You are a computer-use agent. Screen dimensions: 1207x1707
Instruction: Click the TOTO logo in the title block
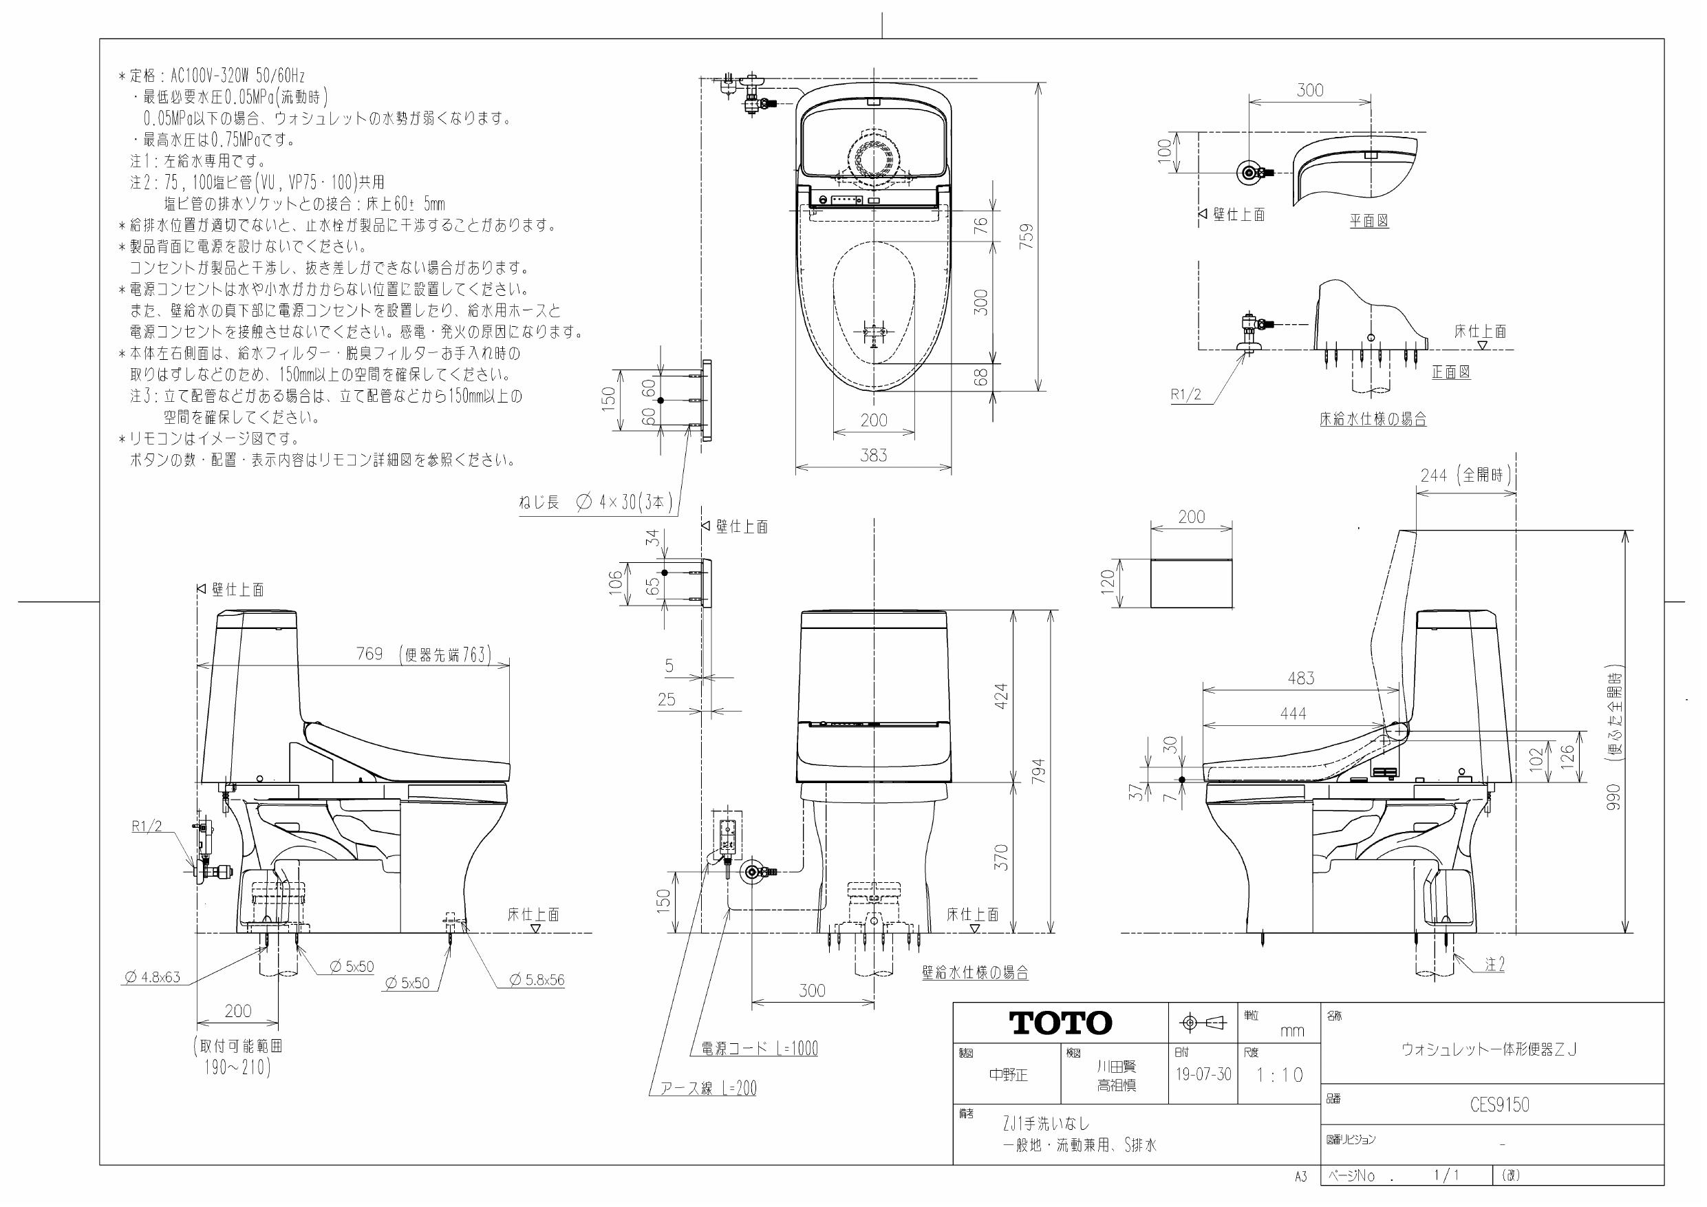coord(1060,1023)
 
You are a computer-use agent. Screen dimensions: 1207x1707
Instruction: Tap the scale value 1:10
coord(1280,1076)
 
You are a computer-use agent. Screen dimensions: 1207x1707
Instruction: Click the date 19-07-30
coord(1203,1076)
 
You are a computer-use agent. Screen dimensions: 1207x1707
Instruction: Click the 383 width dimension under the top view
coord(874,455)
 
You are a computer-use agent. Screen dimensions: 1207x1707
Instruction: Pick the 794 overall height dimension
coord(1039,771)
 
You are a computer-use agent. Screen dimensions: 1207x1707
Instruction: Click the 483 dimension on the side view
coord(1301,679)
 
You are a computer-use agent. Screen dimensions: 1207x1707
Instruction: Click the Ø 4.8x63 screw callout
coord(153,977)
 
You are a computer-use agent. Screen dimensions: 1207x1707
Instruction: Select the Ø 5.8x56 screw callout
coord(537,980)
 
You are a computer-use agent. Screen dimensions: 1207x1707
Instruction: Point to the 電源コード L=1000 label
coord(759,1049)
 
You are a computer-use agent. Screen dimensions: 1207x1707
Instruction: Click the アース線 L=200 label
coord(708,1089)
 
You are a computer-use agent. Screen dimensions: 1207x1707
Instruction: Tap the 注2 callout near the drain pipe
coord(1494,965)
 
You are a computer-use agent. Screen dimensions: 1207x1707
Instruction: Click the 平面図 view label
coord(1368,221)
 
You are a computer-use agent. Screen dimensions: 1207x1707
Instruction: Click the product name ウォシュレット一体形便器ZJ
coord(1488,1049)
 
